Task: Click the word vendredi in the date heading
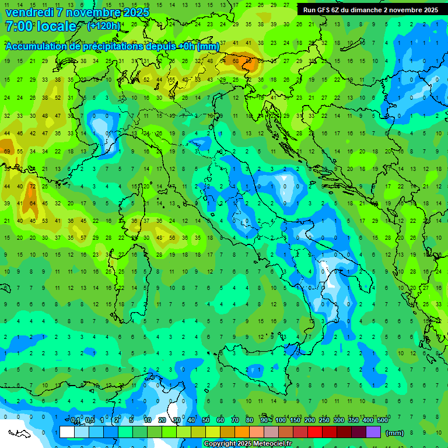point(27,12)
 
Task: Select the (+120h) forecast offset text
point(103,26)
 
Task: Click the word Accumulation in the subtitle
point(36,47)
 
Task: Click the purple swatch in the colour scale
point(373,432)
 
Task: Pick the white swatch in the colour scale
point(67,432)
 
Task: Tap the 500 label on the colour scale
point(383,420)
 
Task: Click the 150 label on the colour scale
point(295,420)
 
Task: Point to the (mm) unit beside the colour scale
point(395,433)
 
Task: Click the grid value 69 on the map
point(7,151)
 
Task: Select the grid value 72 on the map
point(33,186)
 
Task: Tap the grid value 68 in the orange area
point(236,60)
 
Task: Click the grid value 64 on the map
point(33,204)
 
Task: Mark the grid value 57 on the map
point(83,238)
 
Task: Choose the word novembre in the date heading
point(98,12)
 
